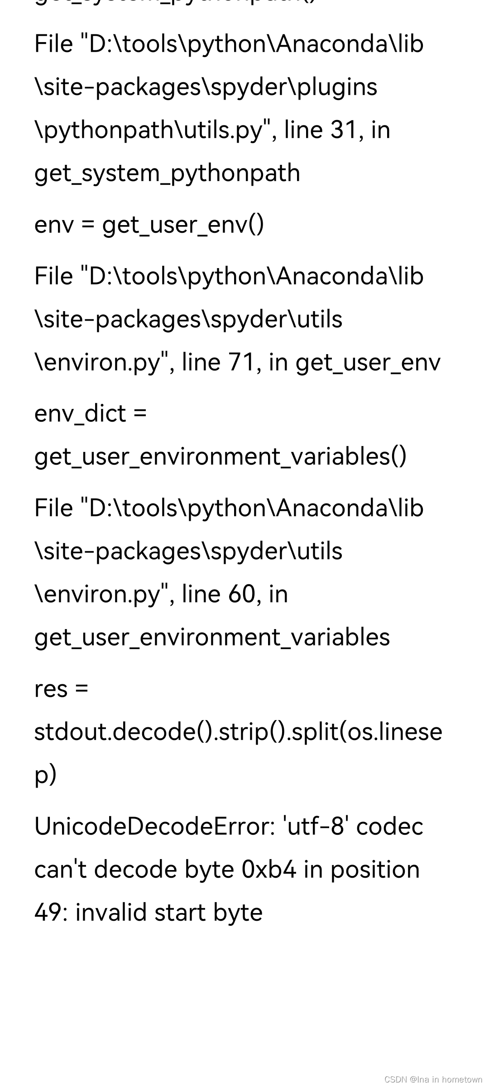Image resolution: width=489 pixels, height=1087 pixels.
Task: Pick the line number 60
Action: pos(241,594)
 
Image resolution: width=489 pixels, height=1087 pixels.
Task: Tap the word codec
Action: pos(389,827)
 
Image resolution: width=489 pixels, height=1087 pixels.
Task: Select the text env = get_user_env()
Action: pos(149,225)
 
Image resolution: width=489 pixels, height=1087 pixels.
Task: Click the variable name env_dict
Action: pos(80,414)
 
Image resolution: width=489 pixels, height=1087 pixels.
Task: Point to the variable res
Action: pos(51,689)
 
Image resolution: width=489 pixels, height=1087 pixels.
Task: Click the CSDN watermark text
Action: pos(433,1079)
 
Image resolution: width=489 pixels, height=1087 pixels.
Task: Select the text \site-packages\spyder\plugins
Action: pos(206,87)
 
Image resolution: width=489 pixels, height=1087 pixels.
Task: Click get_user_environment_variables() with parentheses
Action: pos(221,457)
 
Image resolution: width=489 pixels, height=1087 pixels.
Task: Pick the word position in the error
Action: pos(375,870)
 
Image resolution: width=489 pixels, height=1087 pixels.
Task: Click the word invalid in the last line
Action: pos(111,913)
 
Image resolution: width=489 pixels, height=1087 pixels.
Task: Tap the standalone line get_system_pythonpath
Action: pos(167,173)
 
